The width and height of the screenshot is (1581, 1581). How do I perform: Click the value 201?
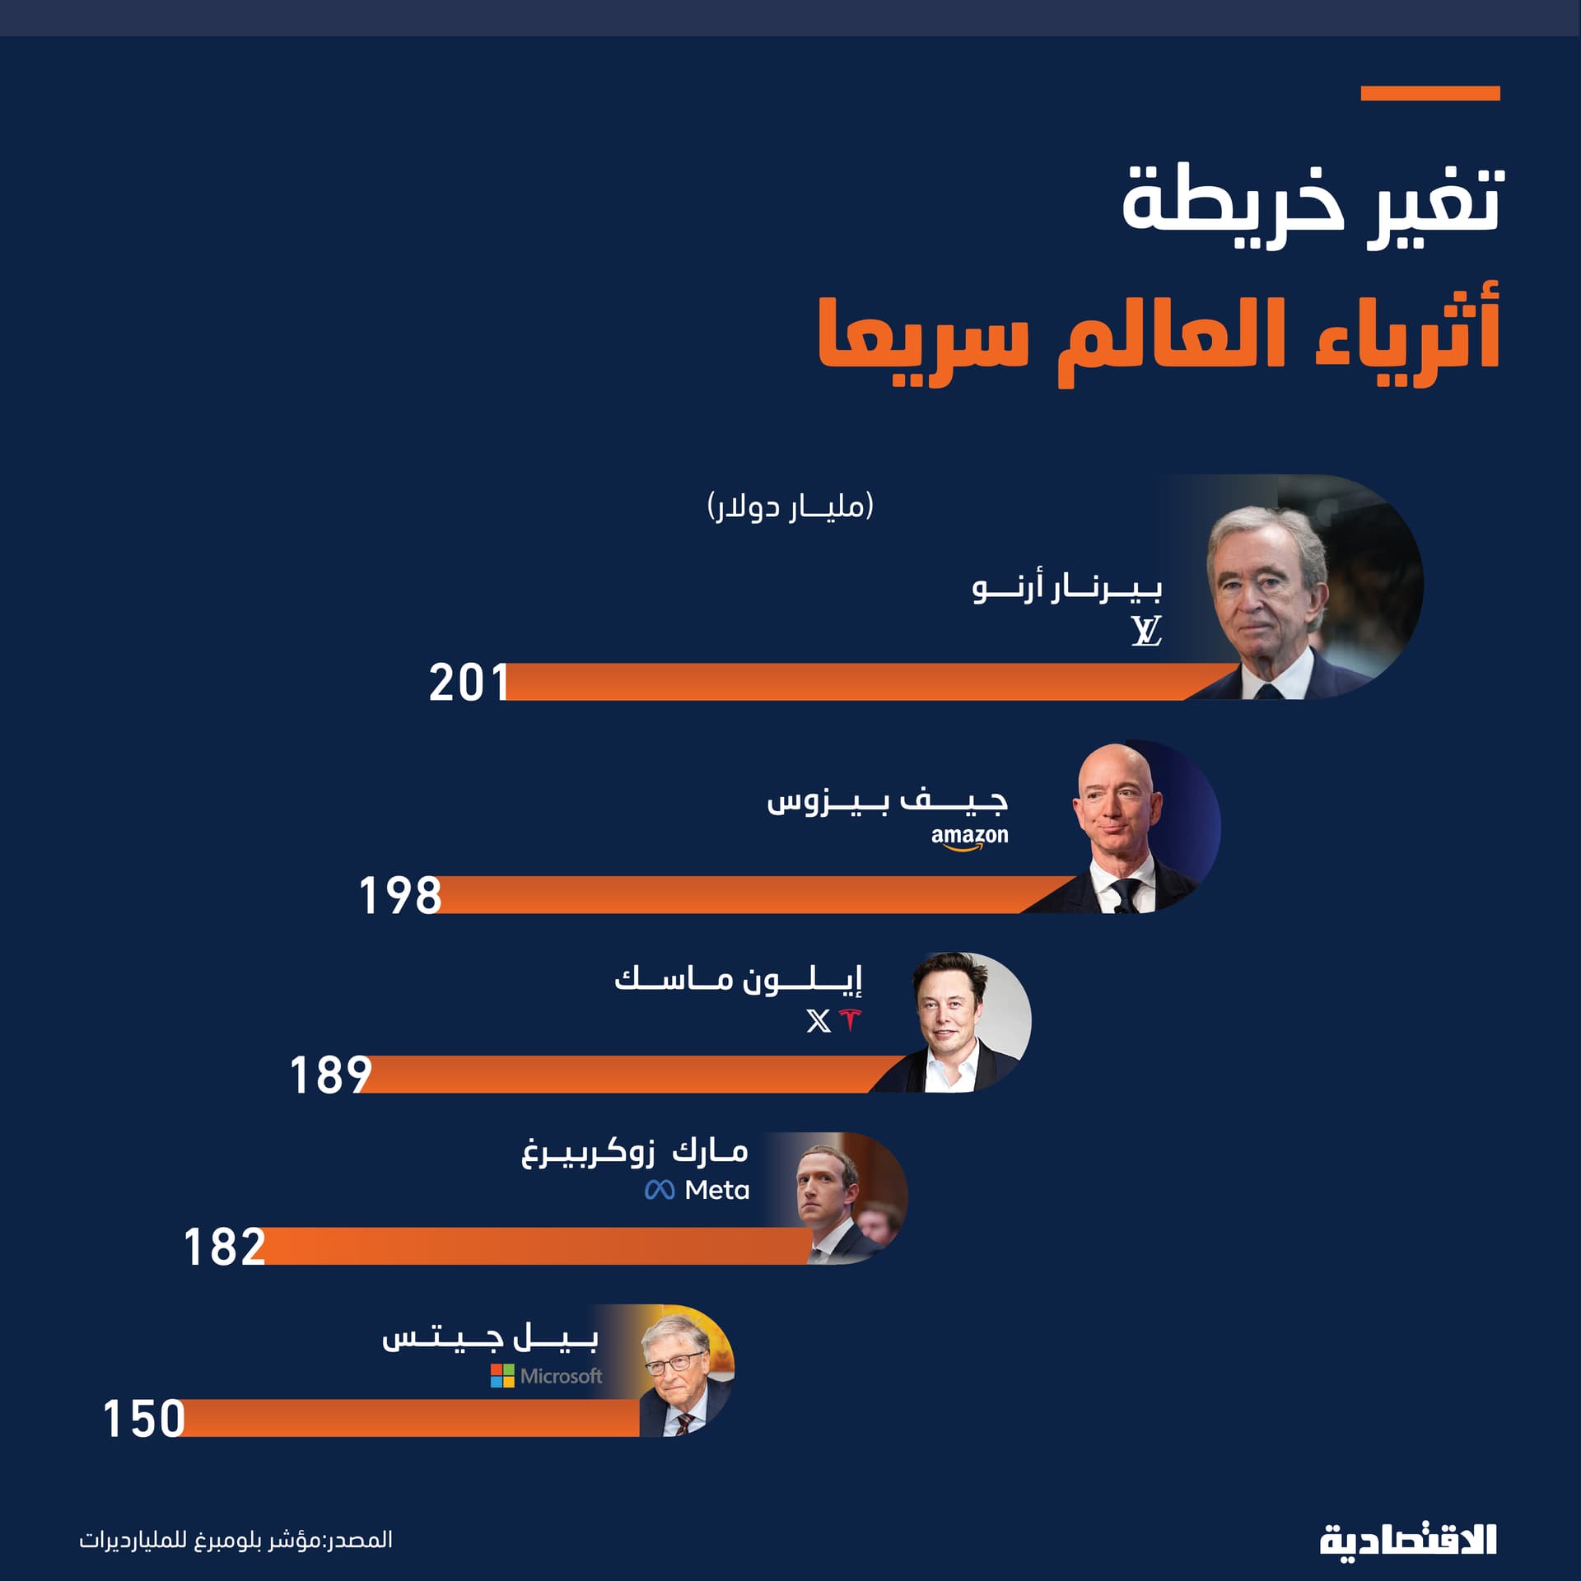pyautogui.click(x=468, y=683)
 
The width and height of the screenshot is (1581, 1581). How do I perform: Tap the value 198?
pyautogui.click(x=400, y=895)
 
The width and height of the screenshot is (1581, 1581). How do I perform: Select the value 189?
pyautogui.click(x=330, y=1075)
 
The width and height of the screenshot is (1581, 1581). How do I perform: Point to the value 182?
pyautogui.click(x=224, y=1246)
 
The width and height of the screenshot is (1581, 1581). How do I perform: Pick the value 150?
pyautogui.click(x=143, y=1419)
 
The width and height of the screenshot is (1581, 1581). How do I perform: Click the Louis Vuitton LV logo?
pyautogui.click(x=1145, y=631)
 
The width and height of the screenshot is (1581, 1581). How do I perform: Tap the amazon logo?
pyautogui.click(x=969, y=837)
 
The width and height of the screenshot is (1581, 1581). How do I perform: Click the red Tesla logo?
pyautogui.click(x=849, y=1020)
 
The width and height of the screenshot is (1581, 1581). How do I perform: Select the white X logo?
pyautogui.click(x=818, y=1021)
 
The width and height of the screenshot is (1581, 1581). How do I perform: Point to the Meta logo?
pyautogui.click(x=697, y=1190)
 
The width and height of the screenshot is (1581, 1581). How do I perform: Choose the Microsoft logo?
pyautogui.click(x=547, y=1376)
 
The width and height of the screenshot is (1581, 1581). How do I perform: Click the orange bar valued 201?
pyautogui.click(x=848, y=682)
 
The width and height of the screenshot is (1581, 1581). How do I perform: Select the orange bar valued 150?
pyautogui.click(x=412, y=1418)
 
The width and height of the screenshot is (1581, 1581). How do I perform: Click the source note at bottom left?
pyautogui.click(x=236, y=1539)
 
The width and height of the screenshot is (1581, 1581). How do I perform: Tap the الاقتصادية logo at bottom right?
pyautogui.click(x=1408, y=1540)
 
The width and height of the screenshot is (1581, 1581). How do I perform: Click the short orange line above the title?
pyautogui.click(x=1430, y=94)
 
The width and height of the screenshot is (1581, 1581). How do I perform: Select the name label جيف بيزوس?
pyautogui.click(x=888, y=801)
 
